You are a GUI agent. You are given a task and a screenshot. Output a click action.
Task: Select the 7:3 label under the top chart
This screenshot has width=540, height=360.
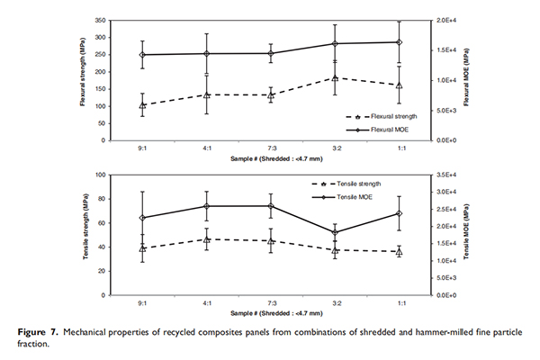point(271,148)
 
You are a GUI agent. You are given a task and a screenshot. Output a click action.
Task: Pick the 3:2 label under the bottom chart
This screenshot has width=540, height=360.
point(335,303)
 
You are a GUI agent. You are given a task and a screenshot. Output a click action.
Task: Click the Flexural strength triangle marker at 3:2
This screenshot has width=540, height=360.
point(335,78)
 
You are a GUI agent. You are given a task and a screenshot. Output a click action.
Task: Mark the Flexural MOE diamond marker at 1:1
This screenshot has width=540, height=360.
point(400,42)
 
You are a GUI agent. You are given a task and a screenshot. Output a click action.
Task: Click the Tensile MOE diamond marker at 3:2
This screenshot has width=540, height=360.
point(335,232)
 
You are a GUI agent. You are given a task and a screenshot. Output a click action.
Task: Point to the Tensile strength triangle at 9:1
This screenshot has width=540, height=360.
point(142,247)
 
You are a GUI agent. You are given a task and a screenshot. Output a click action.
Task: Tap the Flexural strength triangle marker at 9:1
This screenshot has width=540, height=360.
point(142,105)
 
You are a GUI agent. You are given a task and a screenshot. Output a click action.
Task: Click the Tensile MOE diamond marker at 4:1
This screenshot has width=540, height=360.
point(207,206)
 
